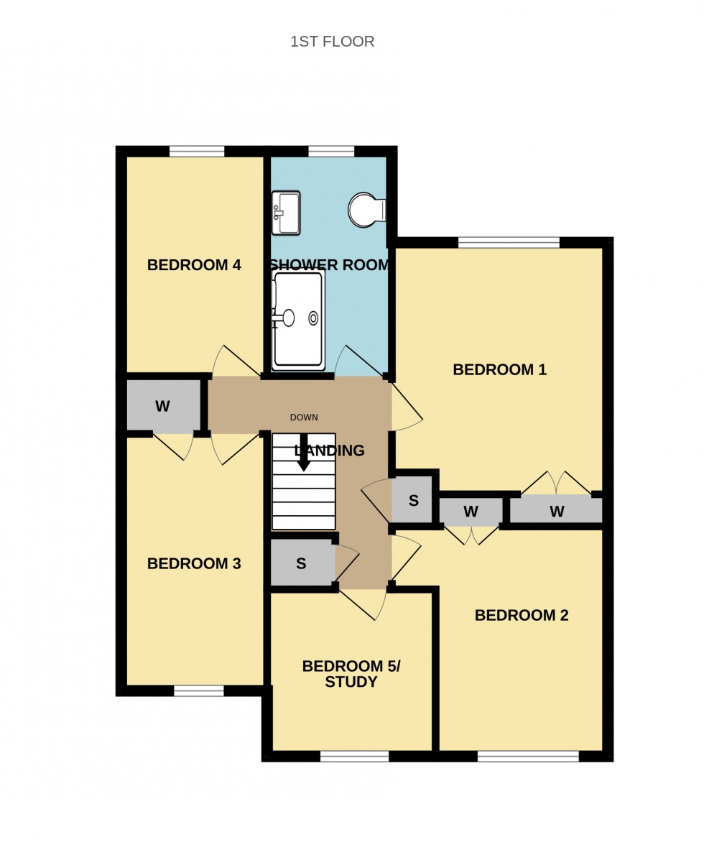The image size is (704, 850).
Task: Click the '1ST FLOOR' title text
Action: [332, 42]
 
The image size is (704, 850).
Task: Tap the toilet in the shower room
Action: [366, 210]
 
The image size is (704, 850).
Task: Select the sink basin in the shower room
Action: [287, 213]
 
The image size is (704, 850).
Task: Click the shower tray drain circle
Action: [313, 318]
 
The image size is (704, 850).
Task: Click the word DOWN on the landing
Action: [304, 417]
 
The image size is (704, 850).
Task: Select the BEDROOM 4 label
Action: [194, 265]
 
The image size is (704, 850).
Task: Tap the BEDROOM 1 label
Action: [499, 370]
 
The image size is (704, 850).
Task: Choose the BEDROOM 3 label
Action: [194, 564]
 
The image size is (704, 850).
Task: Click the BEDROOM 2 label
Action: [522, 616]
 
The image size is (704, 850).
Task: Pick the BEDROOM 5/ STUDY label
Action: [351, 674]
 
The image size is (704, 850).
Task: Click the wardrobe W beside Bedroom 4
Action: [163, 407]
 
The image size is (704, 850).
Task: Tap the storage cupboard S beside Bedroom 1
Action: [414, 501]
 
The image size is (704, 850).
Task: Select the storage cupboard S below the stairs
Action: [301, 564]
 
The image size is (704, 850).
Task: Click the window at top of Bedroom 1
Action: [509, 242]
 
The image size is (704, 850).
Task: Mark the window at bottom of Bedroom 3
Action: [198, 690]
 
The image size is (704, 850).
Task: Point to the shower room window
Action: [331, 151]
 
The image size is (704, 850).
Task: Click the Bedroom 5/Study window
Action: [354, 756]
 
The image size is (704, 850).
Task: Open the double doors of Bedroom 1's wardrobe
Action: [556, 484]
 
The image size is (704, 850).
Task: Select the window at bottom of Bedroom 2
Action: [528, 756]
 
